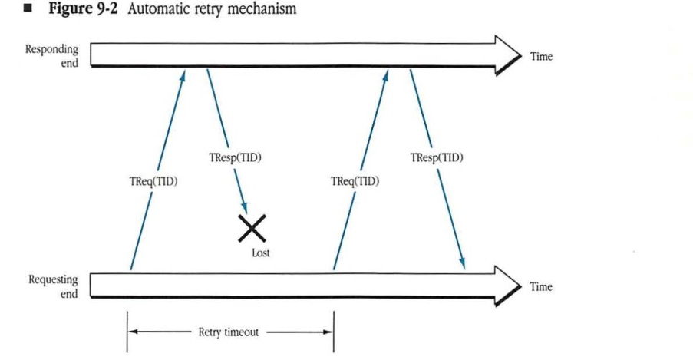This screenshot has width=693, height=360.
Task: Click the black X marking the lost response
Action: pyautogui.click(x=252, y=228)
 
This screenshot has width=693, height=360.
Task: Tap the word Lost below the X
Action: pyautogui.click(x=262, y=252)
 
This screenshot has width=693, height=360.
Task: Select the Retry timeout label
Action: pyautogui.click(x=229, y=332)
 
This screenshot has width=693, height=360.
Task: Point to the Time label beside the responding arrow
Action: pyautogui.click(x=540, y=57)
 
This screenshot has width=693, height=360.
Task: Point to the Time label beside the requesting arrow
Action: pyautogui.click(x=540, y=286)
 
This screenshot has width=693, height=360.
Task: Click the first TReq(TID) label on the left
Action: pyautogui.click(x=153, y=183)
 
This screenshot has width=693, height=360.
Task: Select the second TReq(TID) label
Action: pyautogui.click(x=355, y=183)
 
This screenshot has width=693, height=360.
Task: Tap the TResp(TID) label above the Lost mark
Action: pyautogui.click(x=236, y=158)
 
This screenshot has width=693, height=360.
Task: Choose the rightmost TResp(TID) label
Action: pyautogui.click(x=437, y=158)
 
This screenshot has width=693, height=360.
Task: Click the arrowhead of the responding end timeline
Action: pyautogui.click(x=508, y=55)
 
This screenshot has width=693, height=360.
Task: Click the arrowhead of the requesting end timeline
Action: pyautogui.click(x=508, y=286)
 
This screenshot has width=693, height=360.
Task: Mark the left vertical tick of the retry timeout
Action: pyautogui.click(x=127, y=332)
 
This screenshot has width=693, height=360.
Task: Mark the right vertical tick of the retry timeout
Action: pyautogui.click(x=333, y=332)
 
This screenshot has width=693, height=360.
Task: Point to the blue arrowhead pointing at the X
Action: pyautogui.click(x=245, y=207)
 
